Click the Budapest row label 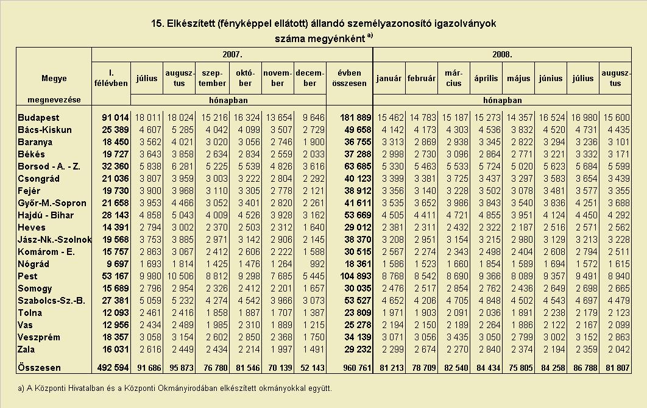click(x=38, y=118)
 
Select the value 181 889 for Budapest click(x=356, y=118)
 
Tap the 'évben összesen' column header click(x=349, y=78)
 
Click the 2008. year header click(x=502, y=54)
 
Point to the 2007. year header click(x=232, y=54)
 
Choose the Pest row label click(x=27, y=276)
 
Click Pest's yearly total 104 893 click(x=356, y=276)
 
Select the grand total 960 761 click(x=356, y=368)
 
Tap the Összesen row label click(x=39, y=368)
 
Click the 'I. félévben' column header click(x=111, y=78)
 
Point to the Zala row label click(x=26, y=349)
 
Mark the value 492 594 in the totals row click(x=113, y=368)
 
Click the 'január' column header click(x=389, y=79)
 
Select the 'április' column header click(x=486, y=79)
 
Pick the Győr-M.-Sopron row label click(x=52, y=203)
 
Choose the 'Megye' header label click(x=54, y=79)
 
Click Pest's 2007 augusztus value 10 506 click(x=179, y=276)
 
